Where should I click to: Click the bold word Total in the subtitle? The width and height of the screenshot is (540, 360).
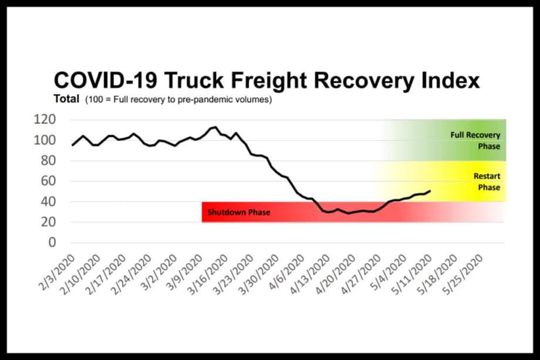point(66,99)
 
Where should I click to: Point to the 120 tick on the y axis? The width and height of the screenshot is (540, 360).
point(46,120)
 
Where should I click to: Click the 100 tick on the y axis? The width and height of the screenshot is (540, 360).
point(46,140)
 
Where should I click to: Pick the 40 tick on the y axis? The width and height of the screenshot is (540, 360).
point(49,202)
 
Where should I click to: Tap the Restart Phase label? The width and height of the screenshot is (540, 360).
point(487,182)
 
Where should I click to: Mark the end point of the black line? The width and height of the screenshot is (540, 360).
point(431,190)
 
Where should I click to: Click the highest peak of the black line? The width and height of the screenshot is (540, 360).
point(216,127)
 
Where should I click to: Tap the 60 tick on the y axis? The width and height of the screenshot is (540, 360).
point(49,181)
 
